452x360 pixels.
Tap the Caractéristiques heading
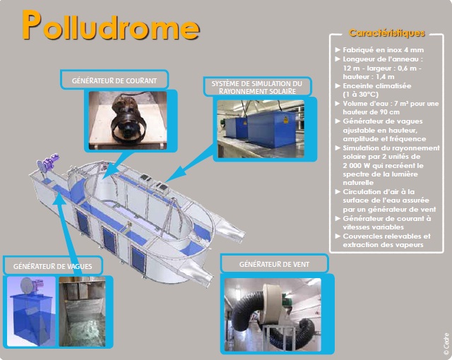tap(387, 33)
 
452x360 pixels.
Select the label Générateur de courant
tap(114, 80)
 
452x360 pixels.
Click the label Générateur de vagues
tap(53, 266)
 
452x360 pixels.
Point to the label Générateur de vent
tap(274, 265)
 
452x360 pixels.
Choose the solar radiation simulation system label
tap(257, 88)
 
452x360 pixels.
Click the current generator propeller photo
tap(128, 121)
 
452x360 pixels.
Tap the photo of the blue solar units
tap(261, 128)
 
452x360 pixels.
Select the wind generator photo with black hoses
tap(273, 315)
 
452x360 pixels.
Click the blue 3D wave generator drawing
tap(31, 311)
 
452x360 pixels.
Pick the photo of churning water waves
tap(82, 311)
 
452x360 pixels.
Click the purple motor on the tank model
tap(49, 164)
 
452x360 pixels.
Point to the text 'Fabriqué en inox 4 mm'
tap(383, 50)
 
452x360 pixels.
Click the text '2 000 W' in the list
tap(356, 166)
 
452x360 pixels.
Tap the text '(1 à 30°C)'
tap(361, 95)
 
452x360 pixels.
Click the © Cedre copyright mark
tap(446, 344)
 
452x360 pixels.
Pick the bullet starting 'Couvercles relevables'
tap(386, 241)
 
